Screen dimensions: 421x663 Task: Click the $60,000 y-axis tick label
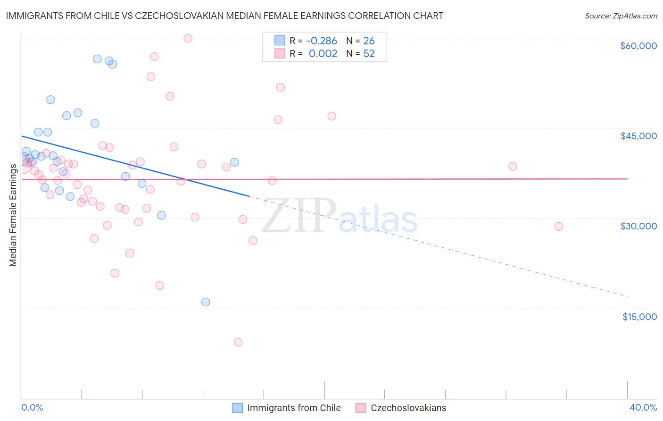tap(638, 46)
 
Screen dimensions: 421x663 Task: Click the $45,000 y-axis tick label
tap(638, 136)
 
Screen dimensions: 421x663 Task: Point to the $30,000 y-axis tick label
tap(638, 226)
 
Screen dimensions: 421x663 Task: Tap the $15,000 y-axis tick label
tap(639, 317)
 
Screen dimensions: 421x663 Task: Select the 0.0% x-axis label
tap(32, 407)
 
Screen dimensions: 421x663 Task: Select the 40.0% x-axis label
tap(643, 407)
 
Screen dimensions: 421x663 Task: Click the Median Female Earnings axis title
tap(13, 215)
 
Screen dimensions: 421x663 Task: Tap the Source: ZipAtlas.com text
tap(621, 16)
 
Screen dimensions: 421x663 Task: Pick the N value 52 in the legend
tap(369, 54)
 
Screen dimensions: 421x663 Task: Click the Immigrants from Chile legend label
tap(294, 408)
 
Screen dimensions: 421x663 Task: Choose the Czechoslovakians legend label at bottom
tap(408, 408)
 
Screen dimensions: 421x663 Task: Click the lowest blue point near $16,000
tap(206, 302)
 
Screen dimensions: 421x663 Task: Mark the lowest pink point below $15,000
tap(238, 342)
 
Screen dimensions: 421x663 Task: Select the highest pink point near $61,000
tap(188, 38)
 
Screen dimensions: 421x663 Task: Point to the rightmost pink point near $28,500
tap(559, 227)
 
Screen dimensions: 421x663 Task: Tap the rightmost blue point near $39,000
tap(234, 162)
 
